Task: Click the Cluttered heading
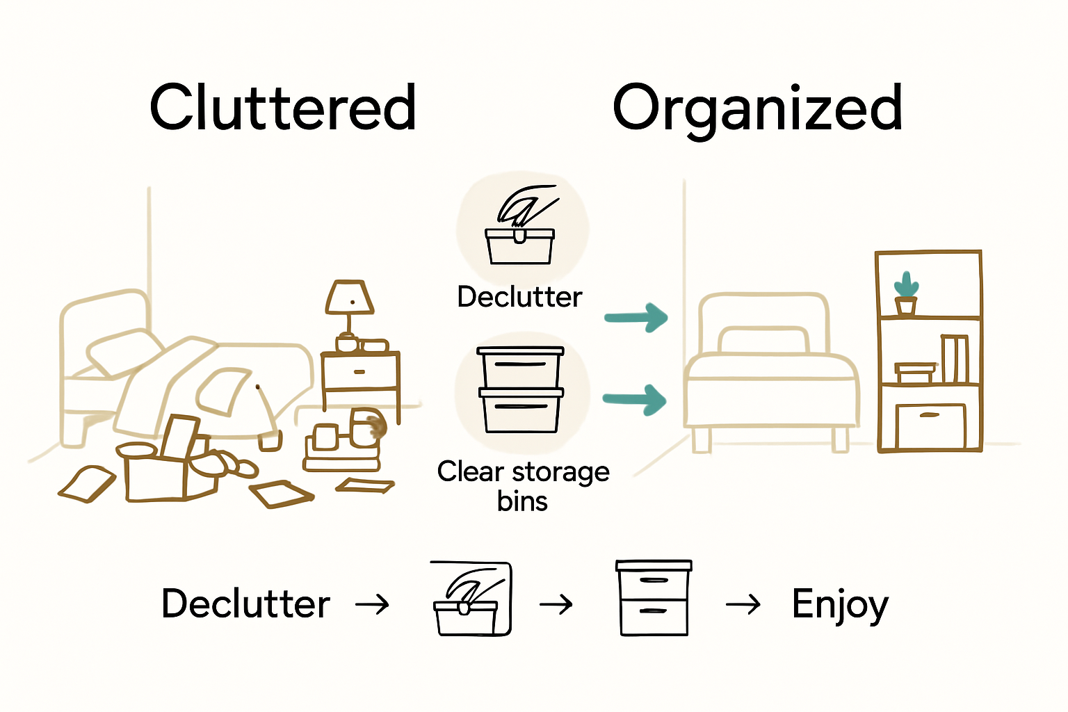click(282, 108)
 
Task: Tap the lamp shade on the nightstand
click(350, 297)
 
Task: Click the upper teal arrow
click(636, 318)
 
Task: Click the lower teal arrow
click(635, 400)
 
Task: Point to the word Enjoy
click(840, 604)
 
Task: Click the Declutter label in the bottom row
click(245, 604)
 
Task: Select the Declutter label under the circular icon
click(519, 298)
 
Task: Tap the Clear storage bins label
click(523, 486)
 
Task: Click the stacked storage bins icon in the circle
click(520, 389)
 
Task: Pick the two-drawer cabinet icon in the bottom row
click(654, 598)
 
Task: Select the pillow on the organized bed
click(763, 340)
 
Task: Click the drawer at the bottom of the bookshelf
click(930, 426)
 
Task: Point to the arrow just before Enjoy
click(743, 605)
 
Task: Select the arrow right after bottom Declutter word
click(372, 604)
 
